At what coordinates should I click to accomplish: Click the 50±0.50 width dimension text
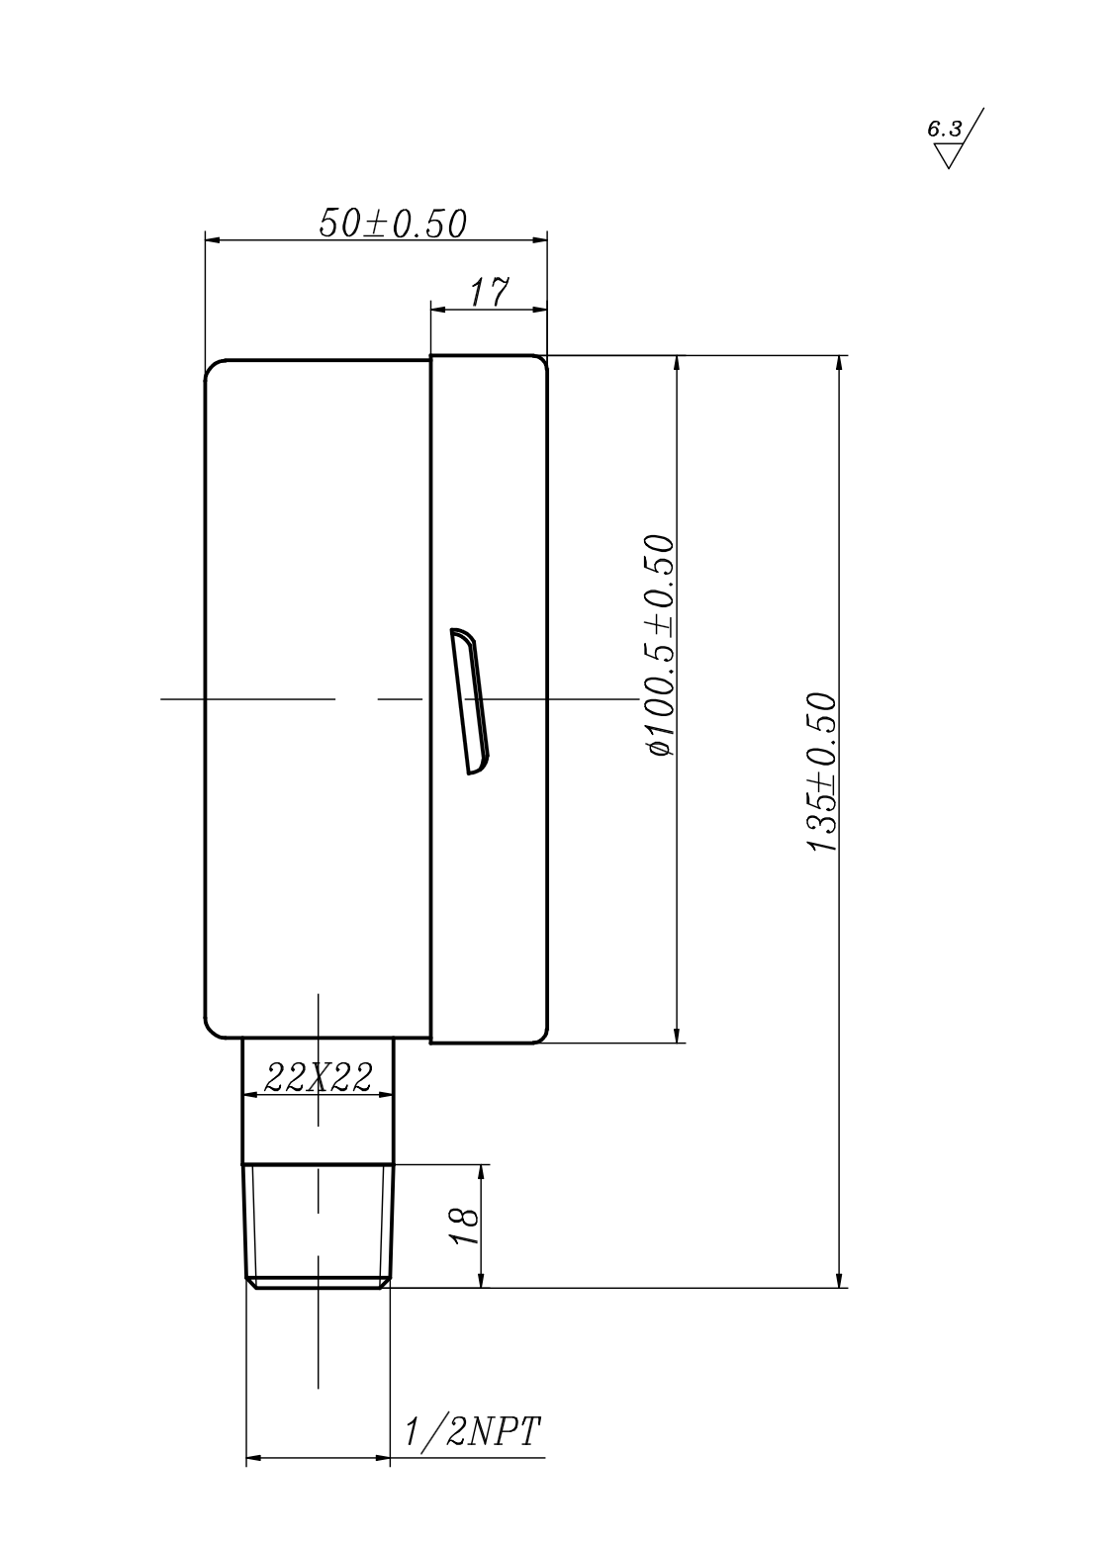point(392,224)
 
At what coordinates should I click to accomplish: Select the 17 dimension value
point(489,293)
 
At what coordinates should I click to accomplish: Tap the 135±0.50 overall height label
point(822,772)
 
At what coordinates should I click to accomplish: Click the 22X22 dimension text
point(319,1078)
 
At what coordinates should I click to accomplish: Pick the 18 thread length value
point(465,1227)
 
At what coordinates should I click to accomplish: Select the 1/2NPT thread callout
point(472,1431)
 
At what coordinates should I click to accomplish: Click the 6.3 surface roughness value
point(943,130)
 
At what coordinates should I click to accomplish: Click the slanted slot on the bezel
point(469,699)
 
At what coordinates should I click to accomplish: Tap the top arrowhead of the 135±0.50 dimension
point(840,363)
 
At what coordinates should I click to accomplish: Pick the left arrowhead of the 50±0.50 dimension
point(212,238)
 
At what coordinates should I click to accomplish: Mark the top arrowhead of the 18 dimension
point(482,1171)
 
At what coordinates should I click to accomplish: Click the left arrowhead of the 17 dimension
point(437,309)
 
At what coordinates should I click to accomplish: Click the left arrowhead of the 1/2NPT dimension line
point(253,1457)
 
